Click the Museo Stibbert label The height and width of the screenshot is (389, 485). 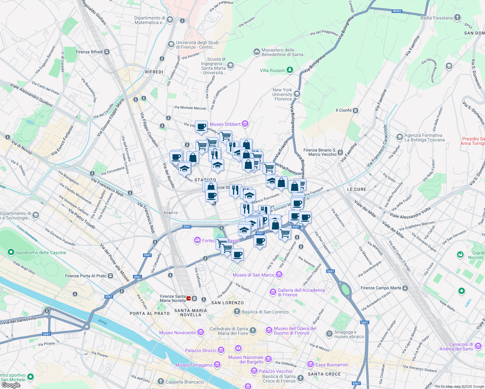[225, 124]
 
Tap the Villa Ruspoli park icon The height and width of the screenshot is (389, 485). [290, 70]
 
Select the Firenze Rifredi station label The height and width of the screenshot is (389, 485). [89, 52]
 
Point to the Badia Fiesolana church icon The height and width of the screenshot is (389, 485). [457, 18]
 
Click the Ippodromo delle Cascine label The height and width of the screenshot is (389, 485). [41, 253]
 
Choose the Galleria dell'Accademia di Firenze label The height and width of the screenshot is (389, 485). [301, 292]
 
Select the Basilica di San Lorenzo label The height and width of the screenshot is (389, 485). [265, 312]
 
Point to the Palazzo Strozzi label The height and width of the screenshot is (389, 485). [200, 350]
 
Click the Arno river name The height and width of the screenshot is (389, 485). [102, 322]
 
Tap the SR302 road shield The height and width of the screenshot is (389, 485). [397, 11]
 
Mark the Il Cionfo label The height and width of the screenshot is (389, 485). [344, 110]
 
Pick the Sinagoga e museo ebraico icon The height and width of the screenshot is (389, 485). [329, 334]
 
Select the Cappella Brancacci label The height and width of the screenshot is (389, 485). [185, 382]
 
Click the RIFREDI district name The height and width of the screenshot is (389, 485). [154, 72]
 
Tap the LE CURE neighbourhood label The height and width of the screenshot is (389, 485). [357, 189]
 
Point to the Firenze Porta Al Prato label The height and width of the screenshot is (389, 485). [86, 276]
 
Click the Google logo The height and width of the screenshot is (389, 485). [11, 385]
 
